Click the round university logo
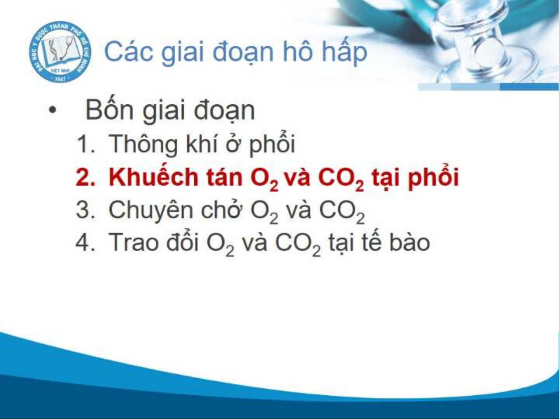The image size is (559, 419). pyautogui.click(x=61, y=52)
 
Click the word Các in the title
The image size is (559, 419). pyautogui.click(x=129, y=52)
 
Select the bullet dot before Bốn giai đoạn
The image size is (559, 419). pyautogui.click(x=52, y=110)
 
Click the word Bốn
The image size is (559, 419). pyautogui.click(x=110, y=109)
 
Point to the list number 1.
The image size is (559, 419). pyautogui.click(x=86, y=144)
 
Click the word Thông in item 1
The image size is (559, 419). pyautogui.click(x=143, y=145)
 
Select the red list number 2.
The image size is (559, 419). pyautogui.click(x=86, y=177)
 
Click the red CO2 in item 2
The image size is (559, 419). pyautogui.click(x=341, y=179)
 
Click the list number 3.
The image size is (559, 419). pyautogui.click(x=86, y=210)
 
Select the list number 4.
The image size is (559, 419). pyautogui.click(x=86, y=242)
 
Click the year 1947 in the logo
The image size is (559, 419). pyautogui.click(x=60, y=79)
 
